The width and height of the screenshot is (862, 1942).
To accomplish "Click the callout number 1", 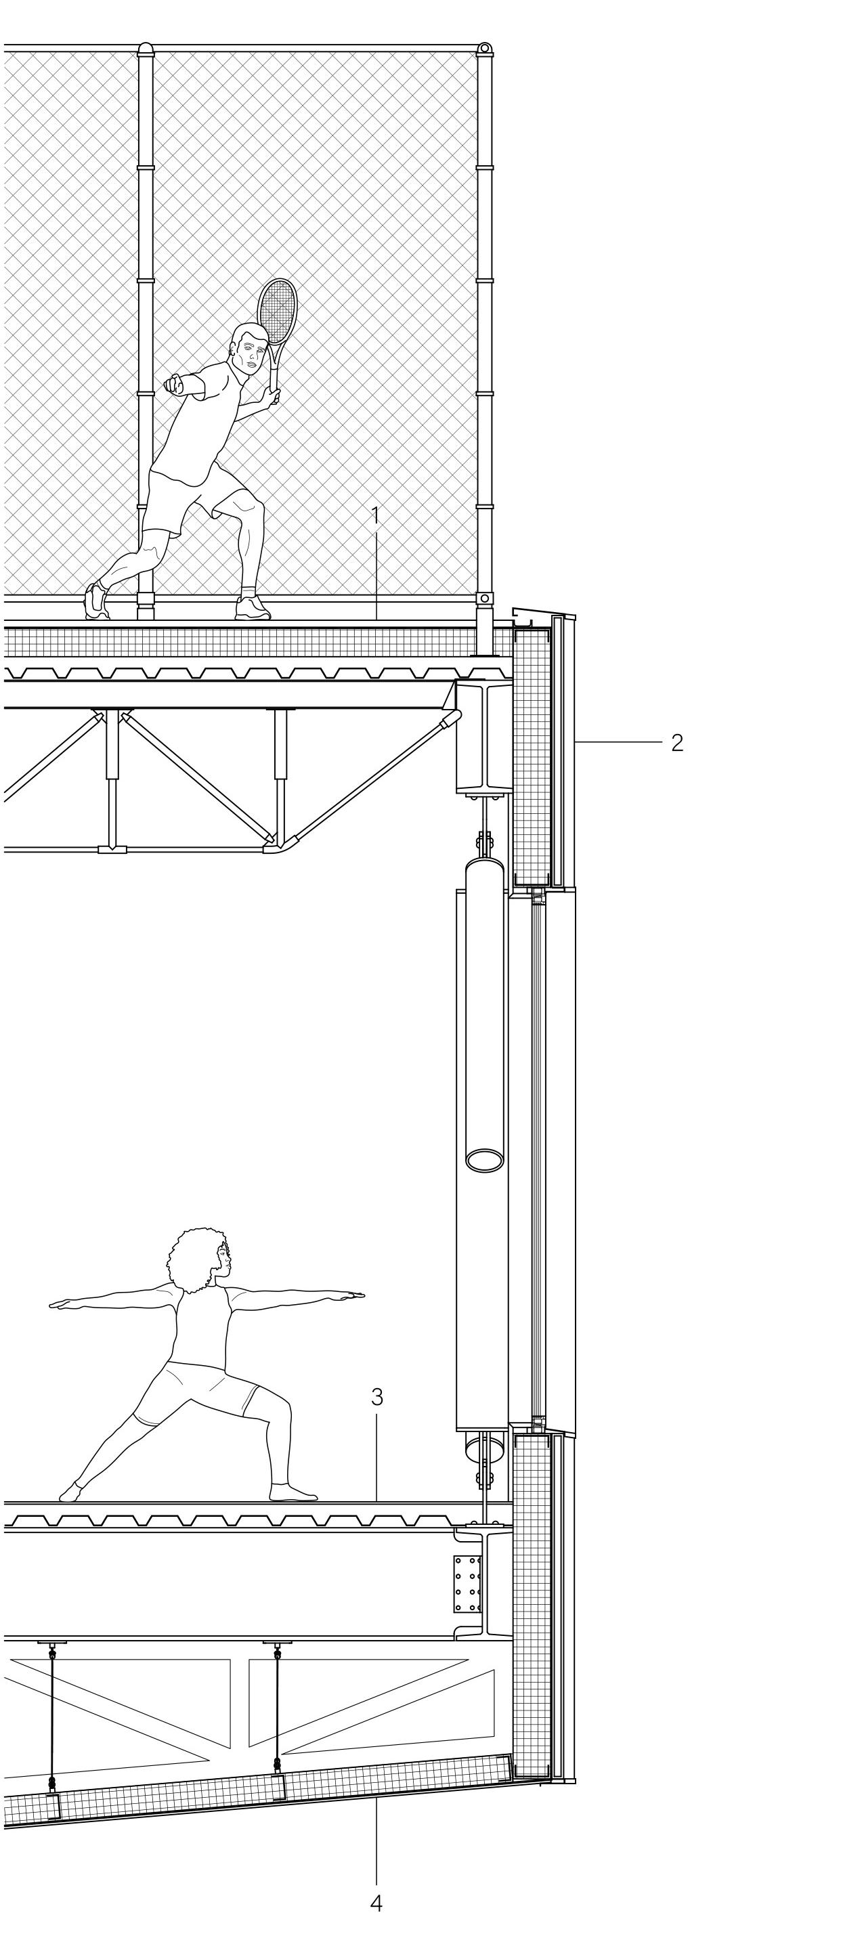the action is (x=376, y=516).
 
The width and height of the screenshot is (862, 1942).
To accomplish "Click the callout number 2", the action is (x=677, y=743).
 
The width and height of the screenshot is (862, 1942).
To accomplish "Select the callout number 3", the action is (x=377, y=1397).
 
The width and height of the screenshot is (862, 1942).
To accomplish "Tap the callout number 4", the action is (x=376, y=1918).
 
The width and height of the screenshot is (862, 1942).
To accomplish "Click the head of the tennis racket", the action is (x=278, y=311).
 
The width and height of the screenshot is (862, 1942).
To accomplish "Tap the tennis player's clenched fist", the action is (x=173, y=385).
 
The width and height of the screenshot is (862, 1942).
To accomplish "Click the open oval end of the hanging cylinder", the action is (x=485, y=1160).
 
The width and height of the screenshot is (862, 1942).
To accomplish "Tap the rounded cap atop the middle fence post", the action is (x=146, y=48).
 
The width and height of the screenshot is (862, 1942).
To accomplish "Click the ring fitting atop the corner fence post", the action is (x=484, y=49).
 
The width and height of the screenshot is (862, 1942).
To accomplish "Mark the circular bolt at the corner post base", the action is (x=484, y=598).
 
